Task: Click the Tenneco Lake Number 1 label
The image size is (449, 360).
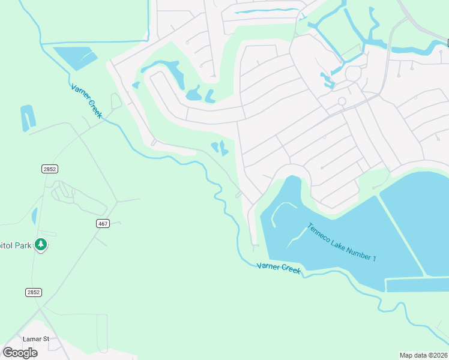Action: click(342, 242)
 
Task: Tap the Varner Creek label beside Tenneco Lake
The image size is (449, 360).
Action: click(279, 268)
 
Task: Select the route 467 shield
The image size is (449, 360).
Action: click(103, 224)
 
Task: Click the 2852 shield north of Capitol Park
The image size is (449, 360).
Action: click(50, 169)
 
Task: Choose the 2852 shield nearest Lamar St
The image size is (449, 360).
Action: click(34, 292)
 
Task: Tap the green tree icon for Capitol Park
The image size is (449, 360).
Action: click(41, 244)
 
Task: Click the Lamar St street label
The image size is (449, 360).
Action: click(35, 339)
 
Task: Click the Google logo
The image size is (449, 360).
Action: click(20, 353)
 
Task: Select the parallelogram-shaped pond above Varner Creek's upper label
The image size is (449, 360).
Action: click(74, 58)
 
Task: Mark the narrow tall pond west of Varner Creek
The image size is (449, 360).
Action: click(28, 118)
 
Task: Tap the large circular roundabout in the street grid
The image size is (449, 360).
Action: click(352, 74)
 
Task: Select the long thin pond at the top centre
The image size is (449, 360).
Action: click(264, 10)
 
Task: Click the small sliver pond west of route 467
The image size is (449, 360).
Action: click(34, 216)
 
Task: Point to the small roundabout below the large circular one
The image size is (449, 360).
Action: click(342, 101)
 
